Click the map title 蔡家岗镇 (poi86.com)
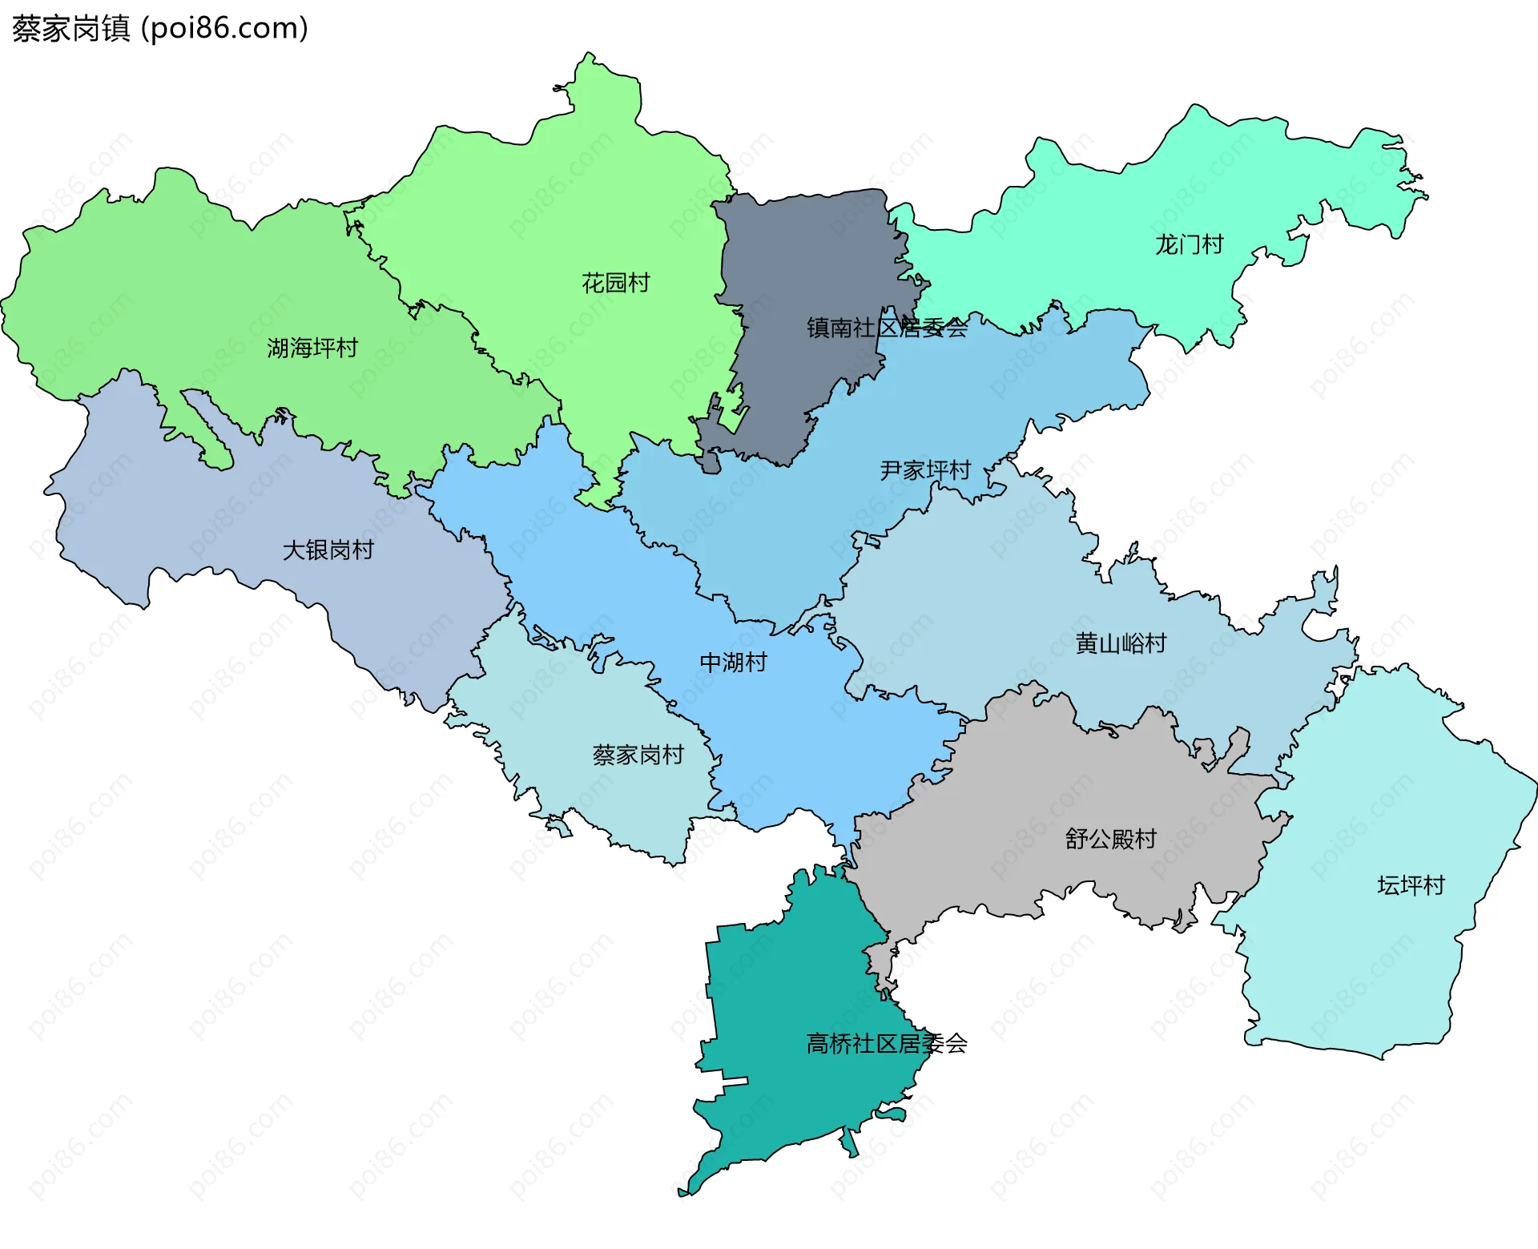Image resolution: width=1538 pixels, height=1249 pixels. [160, 29]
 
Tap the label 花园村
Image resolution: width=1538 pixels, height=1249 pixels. [615, 283]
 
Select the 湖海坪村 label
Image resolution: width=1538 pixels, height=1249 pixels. [312, 348]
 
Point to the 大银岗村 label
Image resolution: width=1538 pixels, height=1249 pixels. [328, 550]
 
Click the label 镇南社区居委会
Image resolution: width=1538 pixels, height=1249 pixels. [887, 328]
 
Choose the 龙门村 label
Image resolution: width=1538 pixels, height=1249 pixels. [1189, 244]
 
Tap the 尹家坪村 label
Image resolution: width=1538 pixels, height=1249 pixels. [925, 470]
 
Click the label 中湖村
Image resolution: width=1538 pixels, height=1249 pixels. [733, 663]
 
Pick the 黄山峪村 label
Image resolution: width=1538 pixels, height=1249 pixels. [1121, 643]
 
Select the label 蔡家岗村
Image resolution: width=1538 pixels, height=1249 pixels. [638, 755]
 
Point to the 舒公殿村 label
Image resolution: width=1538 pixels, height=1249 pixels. [1110, 839]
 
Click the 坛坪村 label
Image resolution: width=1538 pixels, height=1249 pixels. [1411, 885]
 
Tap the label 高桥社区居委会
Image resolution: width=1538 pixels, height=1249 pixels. [887, 1044]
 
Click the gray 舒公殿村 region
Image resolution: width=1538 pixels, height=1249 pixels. [1041, 785]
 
